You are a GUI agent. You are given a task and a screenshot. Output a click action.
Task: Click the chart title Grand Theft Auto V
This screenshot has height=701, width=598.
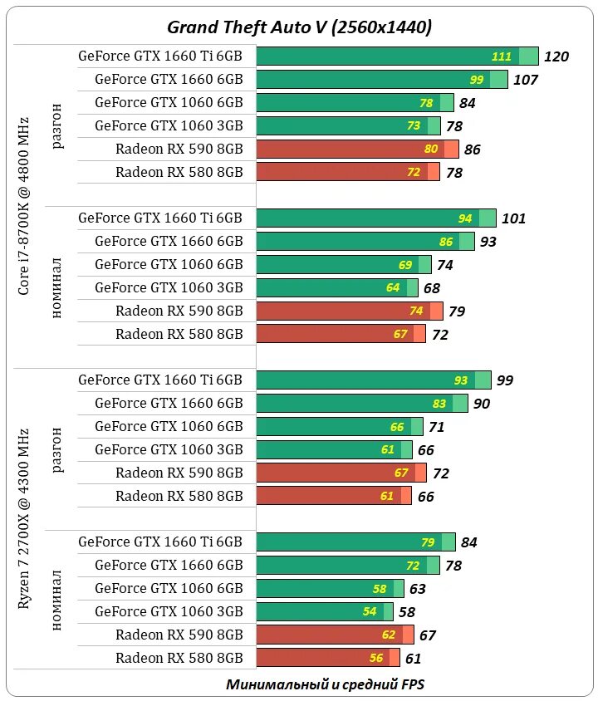(300, 27)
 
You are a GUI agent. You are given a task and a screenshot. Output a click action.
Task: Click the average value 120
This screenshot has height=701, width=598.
(556, 56)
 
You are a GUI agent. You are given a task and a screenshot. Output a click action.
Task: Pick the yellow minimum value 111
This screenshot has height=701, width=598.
(501, 56)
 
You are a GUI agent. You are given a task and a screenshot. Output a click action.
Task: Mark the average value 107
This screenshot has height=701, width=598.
(526, 80)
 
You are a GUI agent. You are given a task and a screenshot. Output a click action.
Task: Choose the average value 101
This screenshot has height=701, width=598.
(514, 218)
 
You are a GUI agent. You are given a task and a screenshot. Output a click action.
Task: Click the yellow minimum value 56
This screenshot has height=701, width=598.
(376, 658)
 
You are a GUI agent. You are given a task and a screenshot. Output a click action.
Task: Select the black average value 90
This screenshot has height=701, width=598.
(504, 404)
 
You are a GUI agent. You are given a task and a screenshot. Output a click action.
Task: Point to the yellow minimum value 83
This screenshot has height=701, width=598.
(463, 404)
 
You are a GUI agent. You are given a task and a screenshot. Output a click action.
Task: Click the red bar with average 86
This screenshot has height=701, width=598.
(357, 150)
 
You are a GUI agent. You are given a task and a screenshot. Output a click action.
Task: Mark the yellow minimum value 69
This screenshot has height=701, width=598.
(405, 265)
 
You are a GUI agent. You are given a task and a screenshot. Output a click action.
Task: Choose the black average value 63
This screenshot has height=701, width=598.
(418, 589)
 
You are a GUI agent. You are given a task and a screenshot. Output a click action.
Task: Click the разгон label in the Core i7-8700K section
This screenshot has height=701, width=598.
(57, 126)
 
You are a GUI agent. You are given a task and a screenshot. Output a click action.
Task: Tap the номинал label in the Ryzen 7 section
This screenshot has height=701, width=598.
(57, 600)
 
